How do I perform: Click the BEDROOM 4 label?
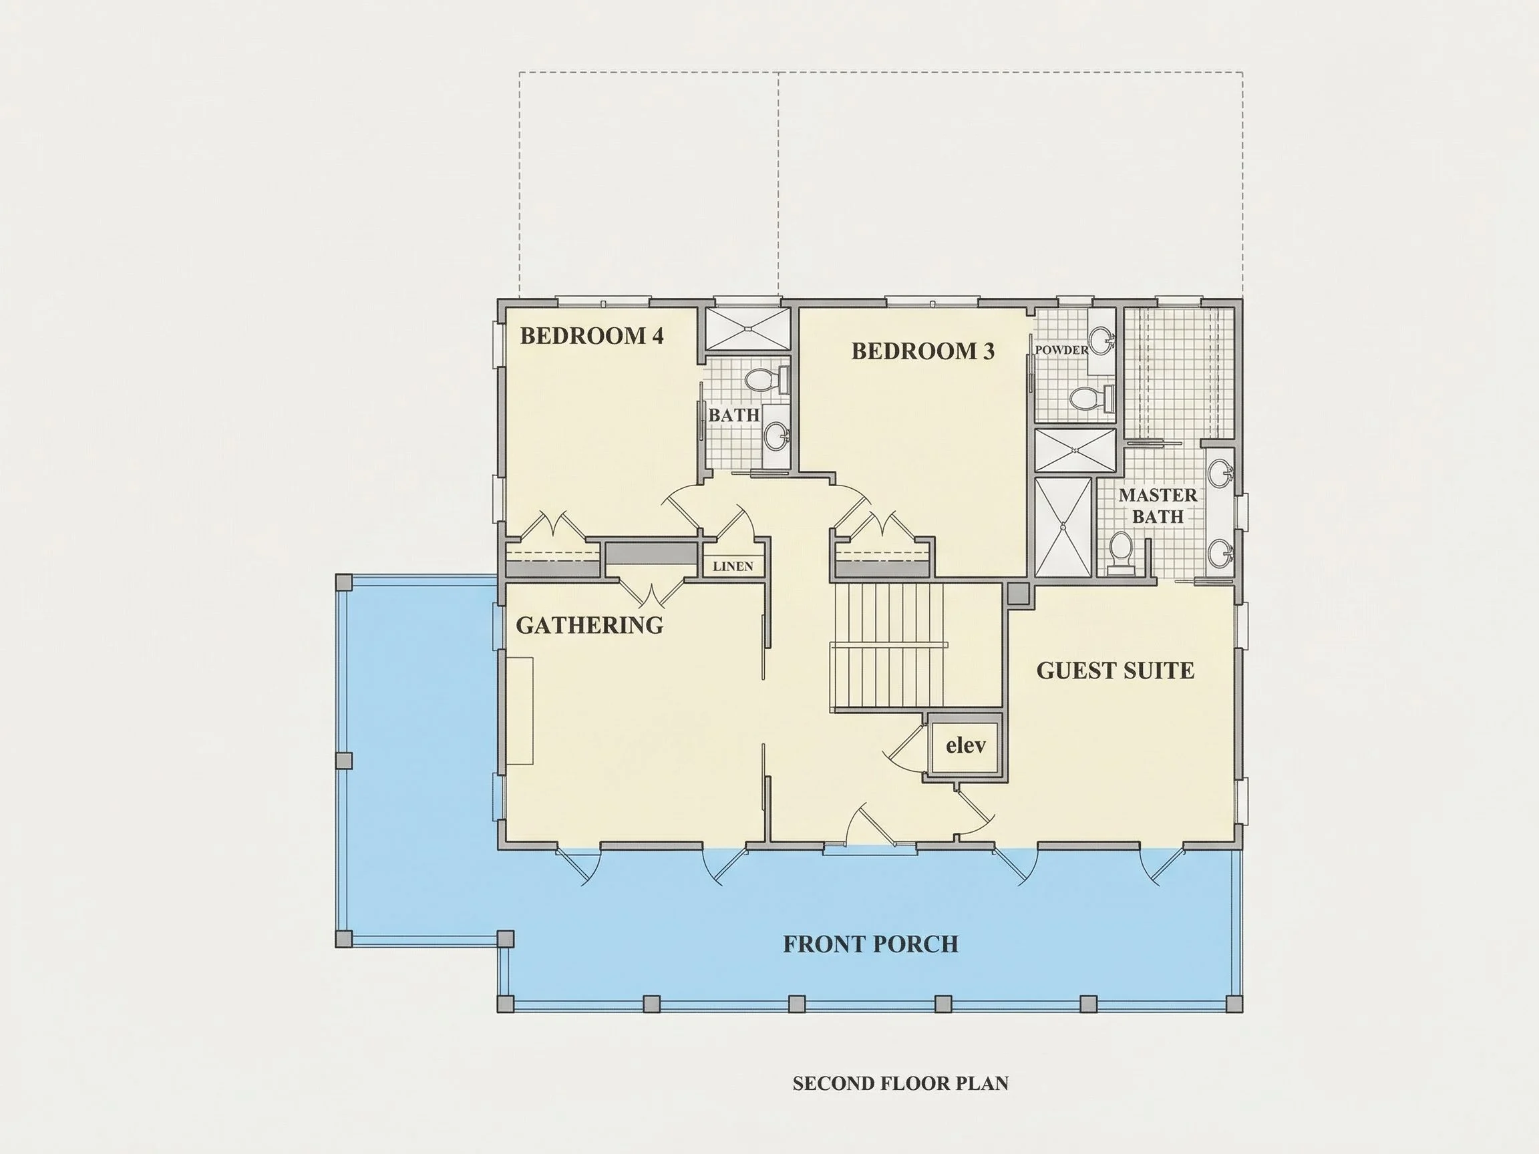point(592,336)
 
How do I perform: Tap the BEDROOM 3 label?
point(923,351)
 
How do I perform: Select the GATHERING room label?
point(590,625)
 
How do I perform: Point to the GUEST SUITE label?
point(1116,670)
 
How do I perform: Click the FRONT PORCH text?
point(871,944)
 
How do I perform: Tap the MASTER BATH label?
point(1158,506)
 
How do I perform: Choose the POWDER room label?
point(1061,350)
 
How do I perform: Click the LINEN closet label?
point(733,566)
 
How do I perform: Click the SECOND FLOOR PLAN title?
point(900,1083)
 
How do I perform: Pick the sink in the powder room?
point(1101,341)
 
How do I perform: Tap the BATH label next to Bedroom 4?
point(734,415)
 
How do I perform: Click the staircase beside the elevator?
point(917,647)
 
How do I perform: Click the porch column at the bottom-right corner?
point(1234,1004)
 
